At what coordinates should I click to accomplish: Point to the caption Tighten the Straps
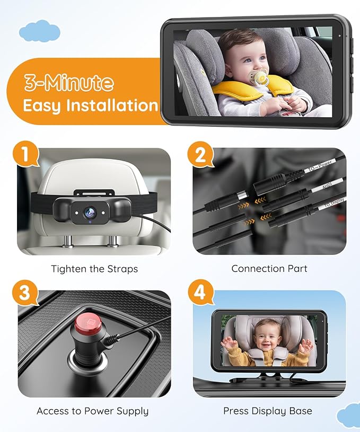[94, 269]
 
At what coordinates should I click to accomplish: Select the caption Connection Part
[269, 269]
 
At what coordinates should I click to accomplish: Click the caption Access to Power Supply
[93, 411]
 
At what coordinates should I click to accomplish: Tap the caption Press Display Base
[268, 411]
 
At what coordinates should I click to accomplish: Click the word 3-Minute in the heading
[68, 83]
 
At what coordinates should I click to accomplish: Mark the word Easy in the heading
[42, 105]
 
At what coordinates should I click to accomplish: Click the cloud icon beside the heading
[39, 31]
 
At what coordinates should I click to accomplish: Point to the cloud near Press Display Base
[348, 415]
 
